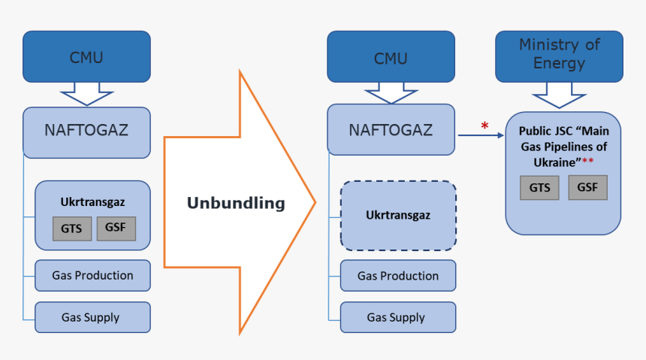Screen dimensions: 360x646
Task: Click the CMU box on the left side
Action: pos(86,57)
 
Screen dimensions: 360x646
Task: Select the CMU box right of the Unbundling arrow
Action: pos(391,57)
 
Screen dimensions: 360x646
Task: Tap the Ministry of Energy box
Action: pos(559,55)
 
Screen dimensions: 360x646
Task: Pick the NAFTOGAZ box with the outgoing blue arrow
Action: pos(391,130)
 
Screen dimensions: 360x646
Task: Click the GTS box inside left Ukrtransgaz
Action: pos(71,228)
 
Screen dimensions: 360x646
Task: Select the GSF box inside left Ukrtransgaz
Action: pos(116,228)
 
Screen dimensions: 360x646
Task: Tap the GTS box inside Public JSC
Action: pos(539,187)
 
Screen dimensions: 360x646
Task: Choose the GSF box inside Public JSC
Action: pos(587,187)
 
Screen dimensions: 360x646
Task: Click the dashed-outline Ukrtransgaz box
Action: pos(397,215)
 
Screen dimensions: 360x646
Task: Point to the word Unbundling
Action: pos(235,203)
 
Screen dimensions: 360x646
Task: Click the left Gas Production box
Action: pos(92,276)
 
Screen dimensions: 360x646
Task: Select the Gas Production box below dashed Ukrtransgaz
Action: pos(397,276)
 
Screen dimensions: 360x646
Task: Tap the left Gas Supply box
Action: pos(90,317)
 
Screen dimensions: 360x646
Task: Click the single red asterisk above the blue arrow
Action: pos(484,126)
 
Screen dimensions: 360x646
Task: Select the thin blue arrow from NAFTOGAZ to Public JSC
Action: pos(481,135)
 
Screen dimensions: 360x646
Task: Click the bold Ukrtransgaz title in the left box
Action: pos(92,201)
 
